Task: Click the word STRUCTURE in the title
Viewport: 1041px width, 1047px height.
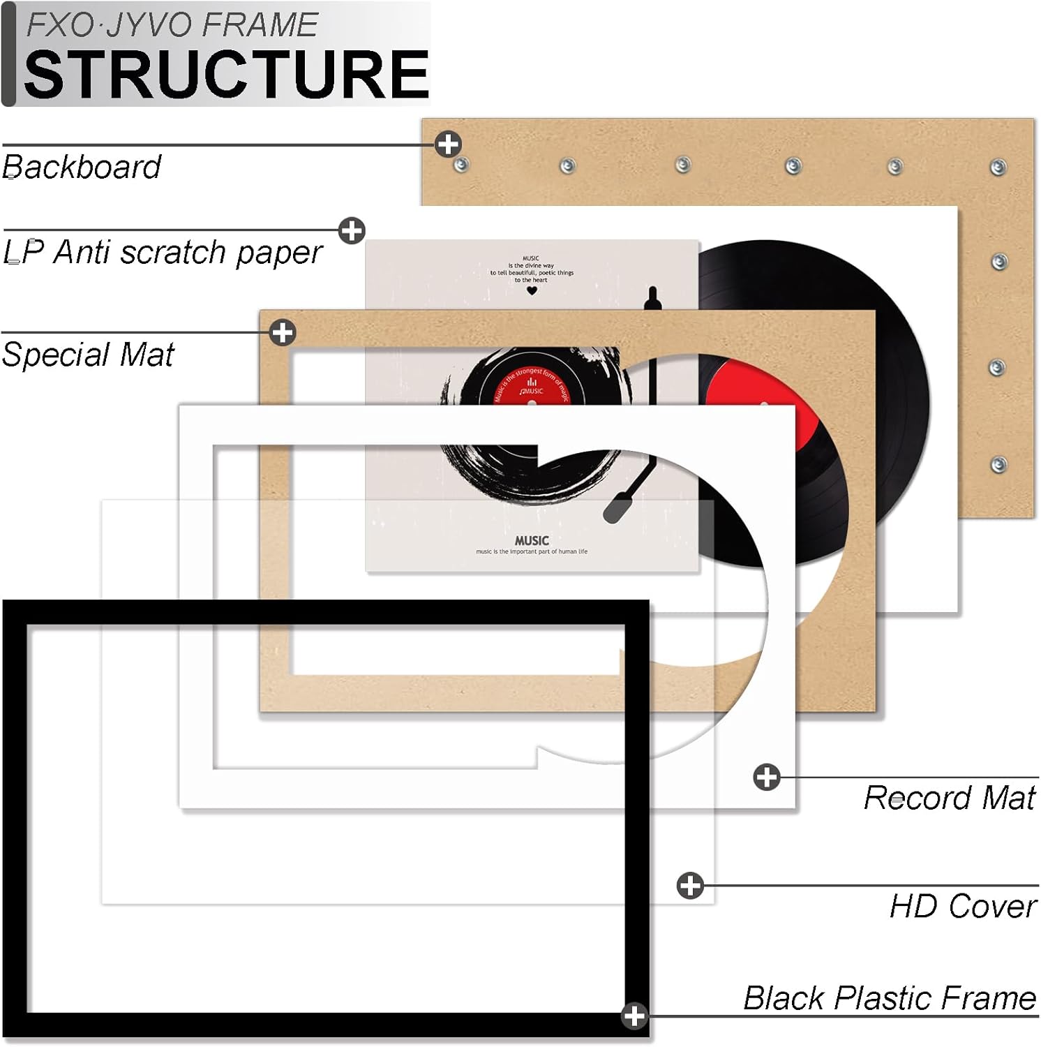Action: tap(226, 74)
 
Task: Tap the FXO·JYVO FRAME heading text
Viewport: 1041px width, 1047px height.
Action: tap(172, 25)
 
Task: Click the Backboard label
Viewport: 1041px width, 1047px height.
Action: tap(82, 168)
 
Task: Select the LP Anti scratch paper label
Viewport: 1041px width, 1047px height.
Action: tap(163, 252)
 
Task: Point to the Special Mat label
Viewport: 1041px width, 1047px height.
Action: tap(88, 355)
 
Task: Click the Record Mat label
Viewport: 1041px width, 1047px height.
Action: tap(949, 798)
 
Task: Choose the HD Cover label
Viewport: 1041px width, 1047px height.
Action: tap(963, 907)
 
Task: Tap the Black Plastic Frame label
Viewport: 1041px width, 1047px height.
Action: tap(890, 998)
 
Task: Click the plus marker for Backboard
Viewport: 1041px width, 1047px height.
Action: tap(448, 144)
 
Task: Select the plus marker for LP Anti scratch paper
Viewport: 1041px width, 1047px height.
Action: tap(352, 230)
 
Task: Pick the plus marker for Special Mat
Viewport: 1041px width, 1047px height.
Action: tap(282, 332)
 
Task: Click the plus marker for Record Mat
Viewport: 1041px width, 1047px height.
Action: tap(767, 777)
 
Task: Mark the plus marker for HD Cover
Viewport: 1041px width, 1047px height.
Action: tap(690, 886)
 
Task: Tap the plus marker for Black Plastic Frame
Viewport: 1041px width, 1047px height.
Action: tap(634, 1016)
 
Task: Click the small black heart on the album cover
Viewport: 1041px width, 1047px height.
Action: tap(532, 290)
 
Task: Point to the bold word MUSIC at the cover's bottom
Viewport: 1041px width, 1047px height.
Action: tap(532, 540)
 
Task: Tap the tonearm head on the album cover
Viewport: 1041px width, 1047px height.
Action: tap(617, 507)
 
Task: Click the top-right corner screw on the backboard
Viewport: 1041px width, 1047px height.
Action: tap(998, 168)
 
